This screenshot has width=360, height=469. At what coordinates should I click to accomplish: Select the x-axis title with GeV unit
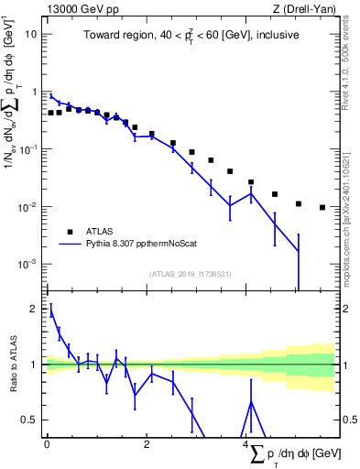pos(291,453)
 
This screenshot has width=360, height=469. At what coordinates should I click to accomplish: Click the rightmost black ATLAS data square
pos(322,207)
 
